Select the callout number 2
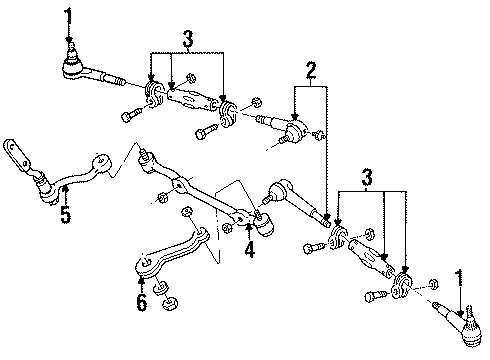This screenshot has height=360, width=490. coord(312,69)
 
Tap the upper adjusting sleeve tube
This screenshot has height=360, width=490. coord(191,100)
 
